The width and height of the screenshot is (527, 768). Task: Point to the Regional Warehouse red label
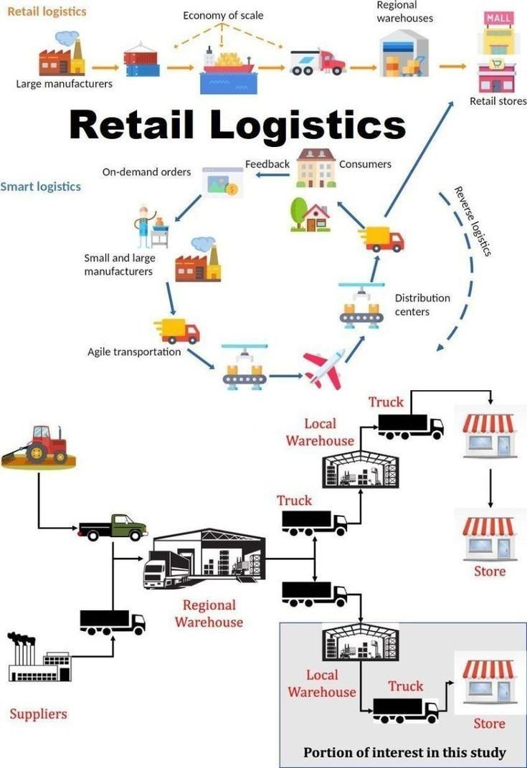(209, 613)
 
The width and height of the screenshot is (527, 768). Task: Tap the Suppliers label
(38, 714)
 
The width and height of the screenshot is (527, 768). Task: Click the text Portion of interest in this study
(404, 752)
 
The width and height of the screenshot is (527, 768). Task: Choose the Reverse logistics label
(473, 221)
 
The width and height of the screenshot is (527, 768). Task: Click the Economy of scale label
(223, 15)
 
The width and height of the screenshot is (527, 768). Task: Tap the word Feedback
(267, 163)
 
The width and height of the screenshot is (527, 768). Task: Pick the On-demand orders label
(146, 172)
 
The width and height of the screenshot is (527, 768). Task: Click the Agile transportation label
(134, 351)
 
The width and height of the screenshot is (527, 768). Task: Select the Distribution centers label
(422, 304)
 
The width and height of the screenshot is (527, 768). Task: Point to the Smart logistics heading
(41, 186)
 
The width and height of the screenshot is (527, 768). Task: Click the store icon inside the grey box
(489, 681)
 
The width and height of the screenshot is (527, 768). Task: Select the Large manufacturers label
(65, 83)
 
